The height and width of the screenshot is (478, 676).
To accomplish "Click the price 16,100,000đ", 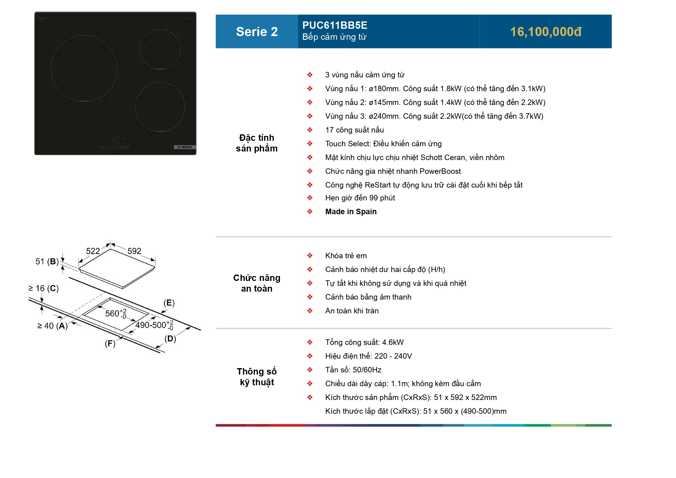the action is click(546, 32).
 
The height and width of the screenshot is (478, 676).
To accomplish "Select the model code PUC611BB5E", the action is click(335, 25).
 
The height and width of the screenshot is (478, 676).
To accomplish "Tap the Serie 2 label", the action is click(257, 32).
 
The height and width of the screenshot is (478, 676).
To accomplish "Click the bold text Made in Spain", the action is click(351, 211).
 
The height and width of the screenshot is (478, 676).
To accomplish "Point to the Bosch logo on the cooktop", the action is click(185, 147).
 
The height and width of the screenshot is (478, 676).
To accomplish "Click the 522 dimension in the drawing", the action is click(93, 251).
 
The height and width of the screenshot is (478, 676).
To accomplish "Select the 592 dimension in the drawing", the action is click(134, 251).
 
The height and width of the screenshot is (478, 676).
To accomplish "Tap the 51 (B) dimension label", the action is click(47, 261).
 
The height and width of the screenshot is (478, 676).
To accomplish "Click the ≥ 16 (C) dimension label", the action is click(43, 288).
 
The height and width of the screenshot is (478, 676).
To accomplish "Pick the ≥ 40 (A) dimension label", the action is click(52, 326).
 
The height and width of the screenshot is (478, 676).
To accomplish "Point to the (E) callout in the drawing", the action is click(169, 303).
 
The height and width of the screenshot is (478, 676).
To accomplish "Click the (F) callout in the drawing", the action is click(110, 343).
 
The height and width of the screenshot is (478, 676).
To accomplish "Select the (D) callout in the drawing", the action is click(170, 338).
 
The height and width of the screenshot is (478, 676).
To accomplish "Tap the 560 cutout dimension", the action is click(116, 313).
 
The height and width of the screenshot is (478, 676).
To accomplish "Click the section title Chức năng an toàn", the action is click(257, 283).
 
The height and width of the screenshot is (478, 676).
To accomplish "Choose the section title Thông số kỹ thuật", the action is click(257, 377).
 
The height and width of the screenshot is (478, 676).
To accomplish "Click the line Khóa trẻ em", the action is click(346, 256).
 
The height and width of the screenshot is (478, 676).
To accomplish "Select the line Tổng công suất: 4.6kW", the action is click(364, 342).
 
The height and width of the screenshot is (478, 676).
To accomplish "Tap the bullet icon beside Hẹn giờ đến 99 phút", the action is click(310, 198).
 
